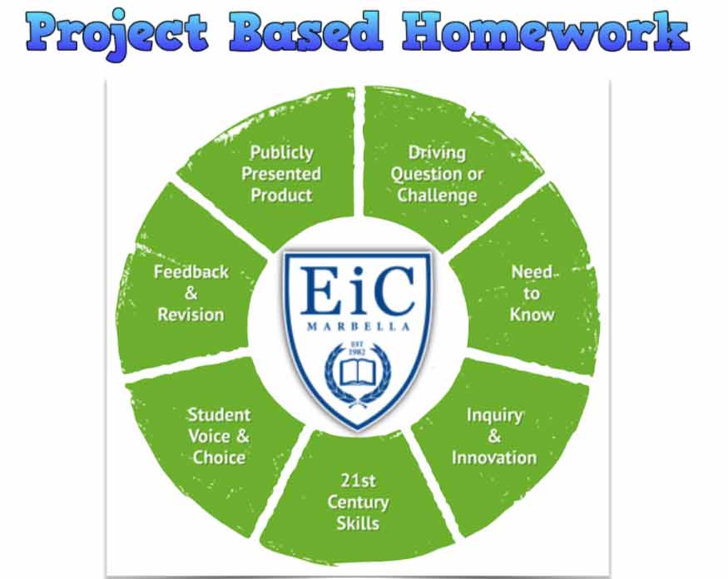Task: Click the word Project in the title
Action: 117,32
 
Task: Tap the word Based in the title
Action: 305,31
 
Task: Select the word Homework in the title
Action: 546,31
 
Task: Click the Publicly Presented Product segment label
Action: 281,174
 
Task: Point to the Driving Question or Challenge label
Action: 437,174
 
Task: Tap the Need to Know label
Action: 532,294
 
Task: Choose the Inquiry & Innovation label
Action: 494,437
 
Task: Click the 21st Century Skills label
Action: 358,502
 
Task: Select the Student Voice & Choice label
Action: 219,437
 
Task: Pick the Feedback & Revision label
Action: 191,294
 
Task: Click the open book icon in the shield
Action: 358,374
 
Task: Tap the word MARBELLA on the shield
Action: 359,327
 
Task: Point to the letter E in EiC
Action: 319,290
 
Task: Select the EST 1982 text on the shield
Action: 358,348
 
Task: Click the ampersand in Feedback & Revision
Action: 191,294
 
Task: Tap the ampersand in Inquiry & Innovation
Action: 494,437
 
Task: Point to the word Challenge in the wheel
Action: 437,195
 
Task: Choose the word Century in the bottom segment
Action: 358,502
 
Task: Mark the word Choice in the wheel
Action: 219,458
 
